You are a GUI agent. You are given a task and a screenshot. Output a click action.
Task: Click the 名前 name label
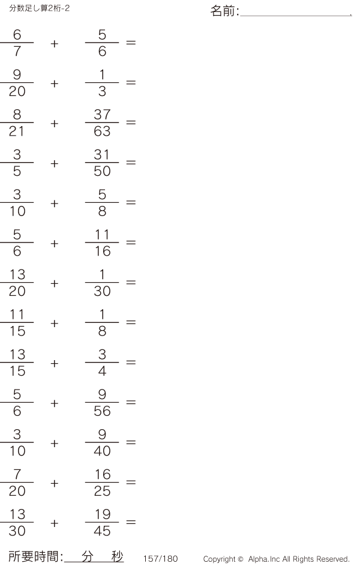pyautogui.click(x=224, y=11)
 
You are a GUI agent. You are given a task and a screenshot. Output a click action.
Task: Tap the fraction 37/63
pyautogui.click(x=102, y=122)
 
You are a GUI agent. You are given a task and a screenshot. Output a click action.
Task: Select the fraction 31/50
pyautogui.click(x=102, y=163)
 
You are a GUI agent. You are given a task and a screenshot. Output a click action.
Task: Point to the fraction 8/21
pyautogui.click(x=17, y=122)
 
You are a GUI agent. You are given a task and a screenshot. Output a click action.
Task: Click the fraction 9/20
pyautogui.click(x=17, y=83)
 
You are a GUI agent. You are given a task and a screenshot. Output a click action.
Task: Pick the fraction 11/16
pyautogui.click(x=102, y=243)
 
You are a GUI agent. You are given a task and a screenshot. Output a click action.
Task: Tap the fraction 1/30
pyautogui.click(x=102, y=283)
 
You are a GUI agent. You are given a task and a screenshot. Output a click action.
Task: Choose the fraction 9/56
pyautogui.click(x=102, y=403)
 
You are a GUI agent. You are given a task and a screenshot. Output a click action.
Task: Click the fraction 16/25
pyautogui.click(x=102, y=483)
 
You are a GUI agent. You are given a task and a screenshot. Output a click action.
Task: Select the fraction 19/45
pyautogui.click(x=102, y=523)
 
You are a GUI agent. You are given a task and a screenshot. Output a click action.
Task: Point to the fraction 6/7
pyautogui.click(x=17, y=43)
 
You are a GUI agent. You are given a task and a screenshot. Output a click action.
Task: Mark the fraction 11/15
pyautogui.click(x=17, y=323)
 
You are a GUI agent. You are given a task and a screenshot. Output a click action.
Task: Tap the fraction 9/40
pyautogui.click(x=102, y=443)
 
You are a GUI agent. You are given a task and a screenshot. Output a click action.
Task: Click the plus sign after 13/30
pyautogui.click(x=55, y=523)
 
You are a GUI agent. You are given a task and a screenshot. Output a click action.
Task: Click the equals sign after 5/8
pyautogui.click(x=131, y=203)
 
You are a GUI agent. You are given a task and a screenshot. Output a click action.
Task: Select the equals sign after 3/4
pyautogui.click(x=131, y=363)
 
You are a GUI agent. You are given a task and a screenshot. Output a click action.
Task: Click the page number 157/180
pyautogui.click(x=160, y=559)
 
